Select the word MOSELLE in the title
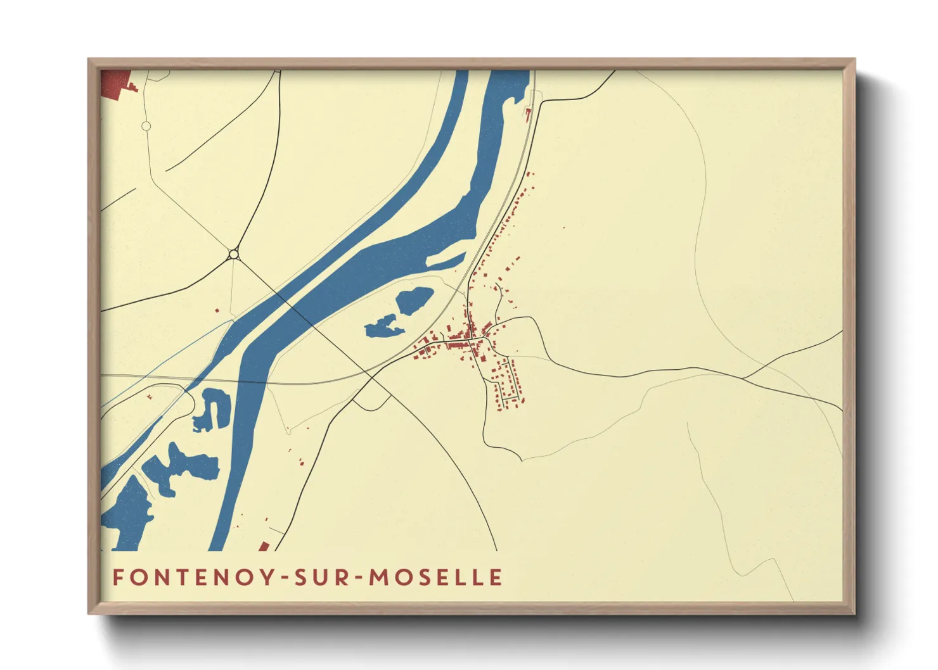(x=436, y=577)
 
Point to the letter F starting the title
(x=118, y=577)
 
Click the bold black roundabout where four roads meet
(x=234, y=254)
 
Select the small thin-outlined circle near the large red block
(x=146, y=126)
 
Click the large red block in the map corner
(x=114, y=83)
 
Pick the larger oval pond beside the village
(x=414, y=300)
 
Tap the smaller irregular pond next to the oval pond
(x=383, y=328)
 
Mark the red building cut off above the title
(x=264, y=546)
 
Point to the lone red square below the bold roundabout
(x=217, y=310)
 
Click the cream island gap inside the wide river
(x=447, y=260)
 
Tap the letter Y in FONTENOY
(x=269, y=577)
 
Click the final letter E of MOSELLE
(x=496, y=577)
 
